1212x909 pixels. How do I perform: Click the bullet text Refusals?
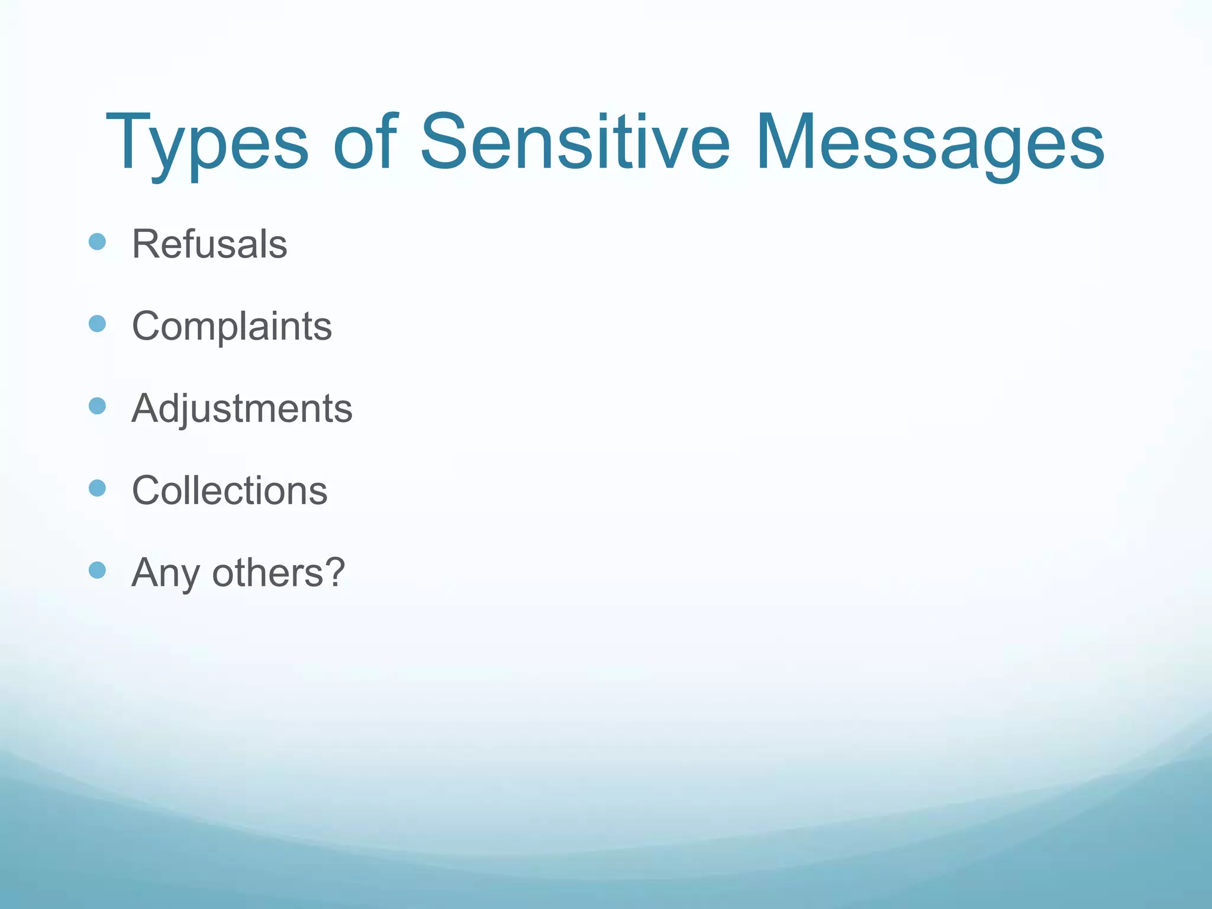(x=209, y=244)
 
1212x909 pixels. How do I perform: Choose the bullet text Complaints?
(x=232, y=326)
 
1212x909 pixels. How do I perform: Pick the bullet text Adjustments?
(x=242, y=408)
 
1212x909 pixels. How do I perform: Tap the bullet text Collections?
(x=230, y=491)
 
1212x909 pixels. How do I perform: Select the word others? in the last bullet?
(x=278, y=573)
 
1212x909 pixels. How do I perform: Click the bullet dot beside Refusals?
(x=97, y=241)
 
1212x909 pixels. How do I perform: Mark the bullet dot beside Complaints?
(x=97, y=324)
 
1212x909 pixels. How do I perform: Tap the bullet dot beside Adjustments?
(x=97, y=406)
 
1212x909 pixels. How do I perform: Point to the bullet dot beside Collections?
(x=97, y=488)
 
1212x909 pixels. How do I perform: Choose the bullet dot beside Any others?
(x=97, y=570)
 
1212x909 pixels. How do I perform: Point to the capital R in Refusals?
(x=144, y=244)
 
